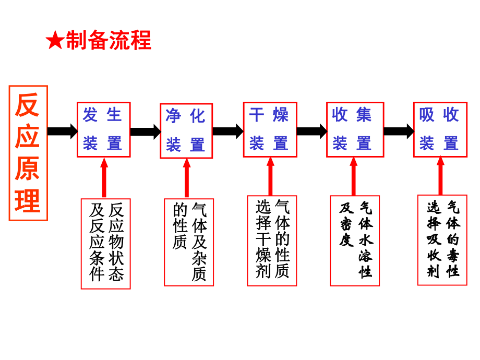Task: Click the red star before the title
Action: tap(55, 41)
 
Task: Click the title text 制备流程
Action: tap(109, 41)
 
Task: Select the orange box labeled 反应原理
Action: tap(28, 153)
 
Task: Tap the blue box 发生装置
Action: tap(103, 129)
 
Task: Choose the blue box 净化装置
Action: tap(186, 130)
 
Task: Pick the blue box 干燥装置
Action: tap(270, 129)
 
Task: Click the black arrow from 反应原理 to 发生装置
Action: tap(62, 131)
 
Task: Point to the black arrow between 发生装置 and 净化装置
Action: tap(145, 131)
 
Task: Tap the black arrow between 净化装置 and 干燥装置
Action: tap(228, 131)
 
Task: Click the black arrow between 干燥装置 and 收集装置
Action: tap(311, 131)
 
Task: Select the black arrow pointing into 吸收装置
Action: tap(399, 131)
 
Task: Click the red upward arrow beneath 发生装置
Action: tap(104, 177)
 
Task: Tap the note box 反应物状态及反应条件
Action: tap(105, 243)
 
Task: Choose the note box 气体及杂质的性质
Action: tap(188, 242)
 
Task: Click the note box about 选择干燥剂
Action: tap(272, 241)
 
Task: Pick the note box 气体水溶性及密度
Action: tap(355, 241)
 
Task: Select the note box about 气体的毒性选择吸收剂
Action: tap(442, 239)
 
